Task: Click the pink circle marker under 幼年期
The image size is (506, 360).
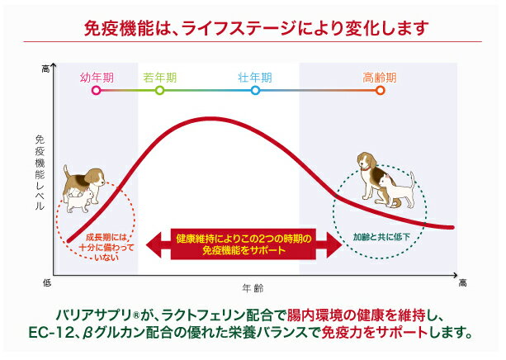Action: (x=97, y=90)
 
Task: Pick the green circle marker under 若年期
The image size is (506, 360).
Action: (x=159, y=90)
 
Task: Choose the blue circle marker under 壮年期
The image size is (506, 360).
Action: (x=254, y=90)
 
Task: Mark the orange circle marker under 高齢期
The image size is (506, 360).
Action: (x=381, y=90)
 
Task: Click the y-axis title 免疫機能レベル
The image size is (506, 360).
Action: (x=39, y=173)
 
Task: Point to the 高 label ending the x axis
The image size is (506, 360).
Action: (x=462, y=283)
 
